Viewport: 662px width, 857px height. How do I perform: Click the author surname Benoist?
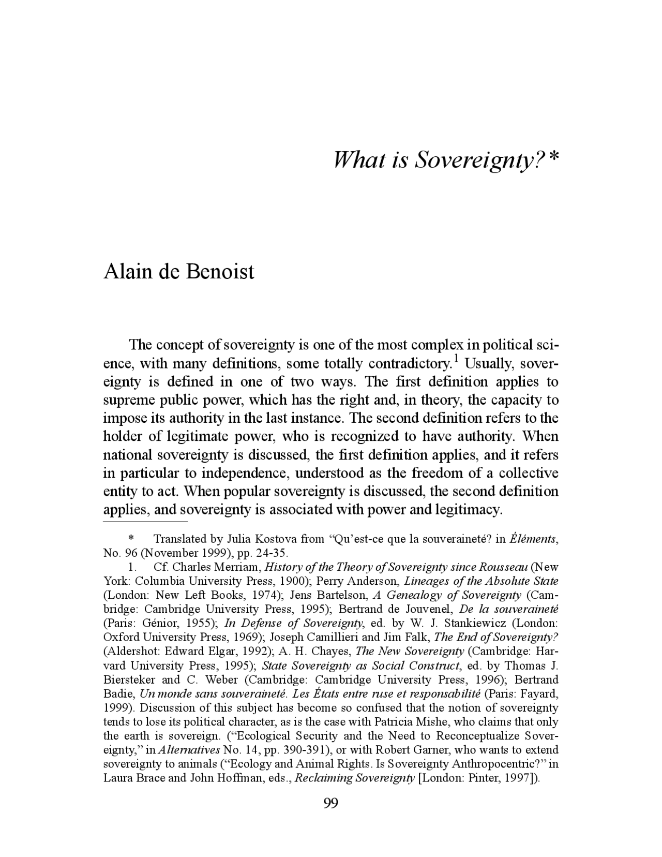(219, 272)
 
